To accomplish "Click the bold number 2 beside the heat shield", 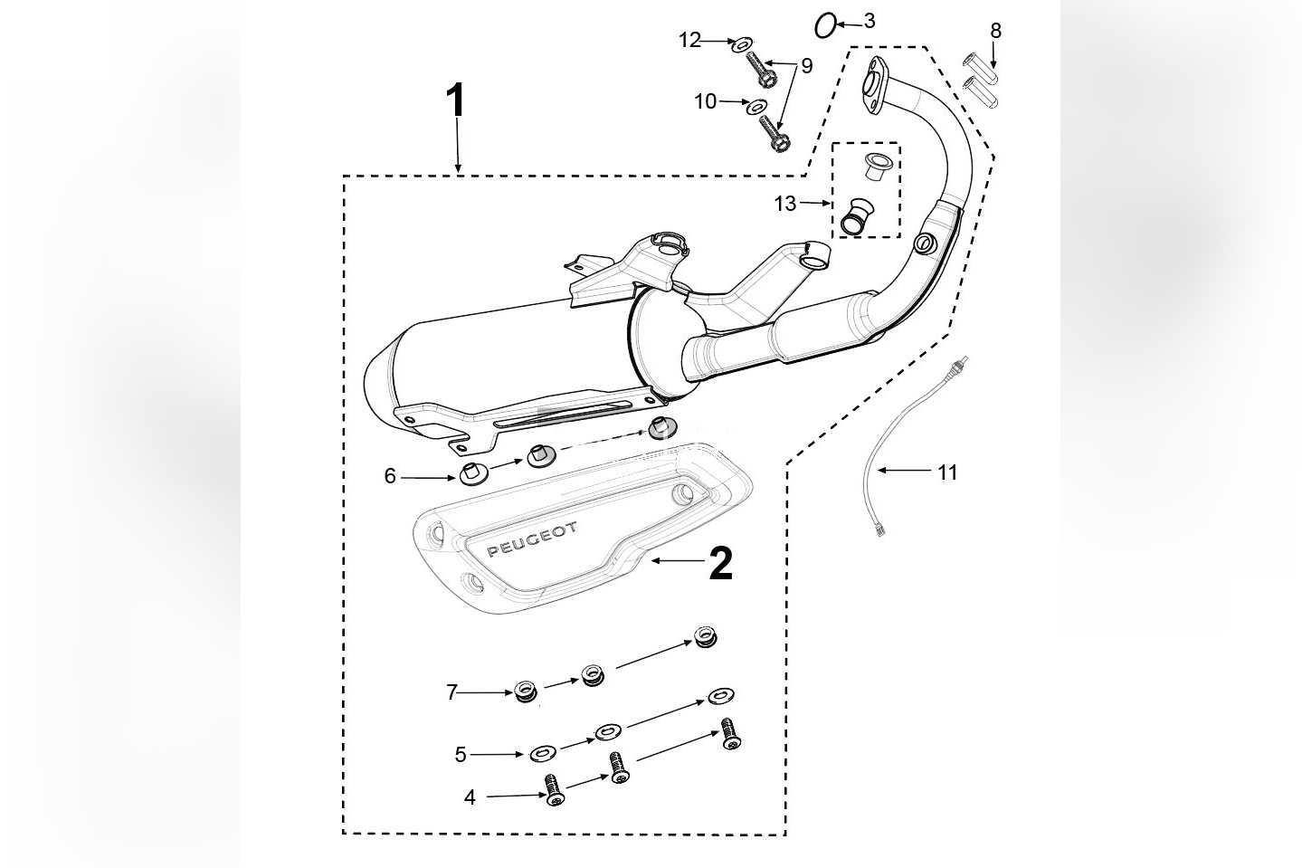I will [x=720, y=563].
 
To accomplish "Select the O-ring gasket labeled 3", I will [x=824, y=26].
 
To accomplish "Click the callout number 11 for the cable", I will [x=946, y=472].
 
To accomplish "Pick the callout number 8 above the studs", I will [x=995, y=31].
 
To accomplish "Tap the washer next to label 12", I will [x=744, y=43].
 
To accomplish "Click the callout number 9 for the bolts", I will [x=806, y=66].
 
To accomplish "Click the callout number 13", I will [x=784, y=204].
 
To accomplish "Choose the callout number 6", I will [x=390, y=476].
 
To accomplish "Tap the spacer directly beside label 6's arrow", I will [x=470, y=472].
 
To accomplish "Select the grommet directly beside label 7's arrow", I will [x=524, y=692].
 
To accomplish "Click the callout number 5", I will [x=461, y=754].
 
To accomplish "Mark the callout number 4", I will [x=470, y=797].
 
